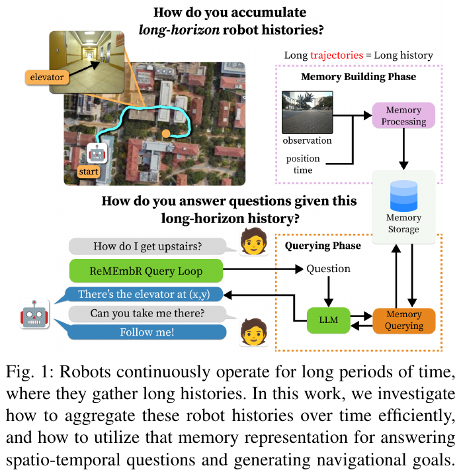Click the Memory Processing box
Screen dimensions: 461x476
tap(403, 115)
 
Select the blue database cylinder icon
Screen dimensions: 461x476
tap(403, 195)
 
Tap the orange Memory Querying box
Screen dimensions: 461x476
tap(404, 320)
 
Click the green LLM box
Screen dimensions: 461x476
tap(329, 320)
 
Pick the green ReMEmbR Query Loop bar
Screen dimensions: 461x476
tap(146, 271)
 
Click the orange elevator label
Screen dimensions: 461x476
tap(47, 77)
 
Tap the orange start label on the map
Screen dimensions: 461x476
tap(88, 171)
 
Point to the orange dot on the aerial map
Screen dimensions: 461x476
tap(166, 133)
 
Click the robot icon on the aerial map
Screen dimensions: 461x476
tap(97, 154)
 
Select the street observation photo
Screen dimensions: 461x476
tap(308, 112)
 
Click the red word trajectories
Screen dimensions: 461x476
tap(337, 55)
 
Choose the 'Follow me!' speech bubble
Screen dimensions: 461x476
tap(147, 332)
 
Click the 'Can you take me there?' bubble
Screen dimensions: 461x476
tap(147, 313)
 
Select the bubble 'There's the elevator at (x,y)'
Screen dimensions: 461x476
tap(144, 294)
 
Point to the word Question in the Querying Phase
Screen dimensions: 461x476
tap(328, 269)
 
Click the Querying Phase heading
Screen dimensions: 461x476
tap(323, 246)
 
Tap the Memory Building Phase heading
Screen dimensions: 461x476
tap(358, 77)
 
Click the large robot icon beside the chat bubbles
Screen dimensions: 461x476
tap(34, 314)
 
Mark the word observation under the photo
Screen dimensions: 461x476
tap(308, 140)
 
